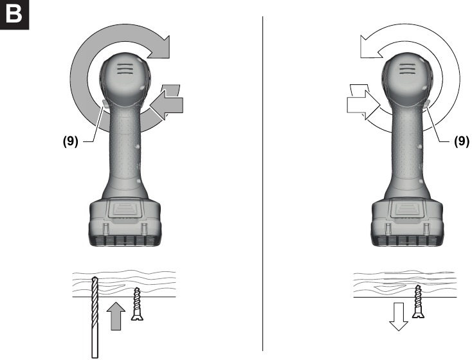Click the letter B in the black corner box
click(14, 14)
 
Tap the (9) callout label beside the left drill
click(71, 141)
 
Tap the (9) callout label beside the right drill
click(462, 141)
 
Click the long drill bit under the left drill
click(95, 318)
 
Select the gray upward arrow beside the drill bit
click(116, 316)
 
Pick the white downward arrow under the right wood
click(399, 317)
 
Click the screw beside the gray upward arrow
click(137, 303)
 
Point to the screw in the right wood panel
click(418, 301)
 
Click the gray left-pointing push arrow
click(167, 102)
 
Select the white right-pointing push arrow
click(363, 102)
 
